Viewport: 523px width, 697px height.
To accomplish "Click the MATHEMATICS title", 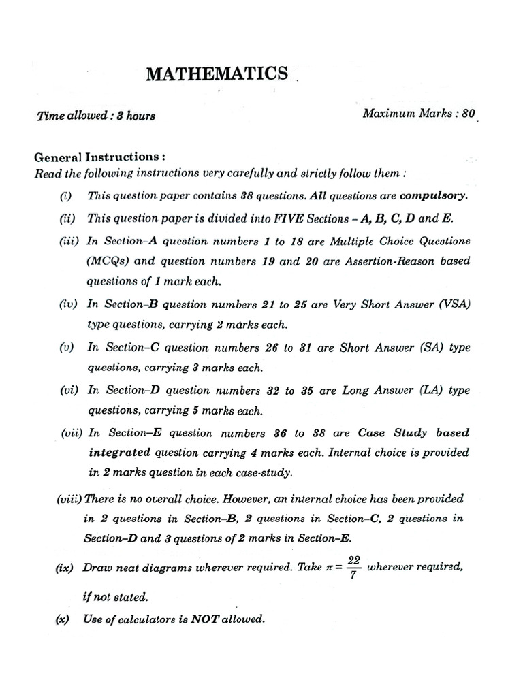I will (217, 74).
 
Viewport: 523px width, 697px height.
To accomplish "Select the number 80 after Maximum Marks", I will (468, 114).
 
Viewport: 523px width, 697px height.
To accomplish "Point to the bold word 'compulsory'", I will (434, 196).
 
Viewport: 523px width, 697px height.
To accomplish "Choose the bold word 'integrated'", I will (120, 453).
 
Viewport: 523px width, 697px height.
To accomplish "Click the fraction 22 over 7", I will (353, 567).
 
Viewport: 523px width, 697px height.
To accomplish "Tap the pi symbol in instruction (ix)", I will (328, 567).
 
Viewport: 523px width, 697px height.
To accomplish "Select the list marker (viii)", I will (69, 499).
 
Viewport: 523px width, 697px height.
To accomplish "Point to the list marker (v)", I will (67, 348).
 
